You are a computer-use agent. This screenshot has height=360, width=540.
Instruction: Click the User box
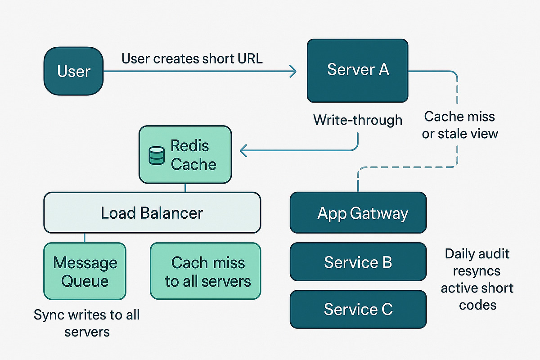(74, 71)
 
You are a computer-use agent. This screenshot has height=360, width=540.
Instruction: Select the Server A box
(357, 71)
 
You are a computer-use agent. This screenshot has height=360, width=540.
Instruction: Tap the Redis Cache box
(185, 154)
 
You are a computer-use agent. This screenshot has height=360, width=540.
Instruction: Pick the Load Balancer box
(152, 212)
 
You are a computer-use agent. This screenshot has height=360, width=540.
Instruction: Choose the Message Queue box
(85, 271)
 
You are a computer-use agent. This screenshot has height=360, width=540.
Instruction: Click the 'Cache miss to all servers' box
(205, 271)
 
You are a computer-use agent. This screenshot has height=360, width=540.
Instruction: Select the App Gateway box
(358, 212)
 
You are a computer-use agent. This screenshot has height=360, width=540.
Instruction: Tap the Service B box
(358, 262)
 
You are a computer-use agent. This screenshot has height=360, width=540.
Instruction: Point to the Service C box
(358, 309)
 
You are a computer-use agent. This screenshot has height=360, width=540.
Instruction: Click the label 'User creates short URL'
(192, 59)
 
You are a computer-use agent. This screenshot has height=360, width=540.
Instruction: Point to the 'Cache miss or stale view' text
(459, 125)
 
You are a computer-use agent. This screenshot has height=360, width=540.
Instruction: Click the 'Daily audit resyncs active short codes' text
(477, 279)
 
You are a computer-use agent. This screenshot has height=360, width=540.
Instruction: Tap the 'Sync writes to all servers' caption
(86, 323)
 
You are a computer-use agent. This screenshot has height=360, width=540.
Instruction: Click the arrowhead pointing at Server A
(293, 71)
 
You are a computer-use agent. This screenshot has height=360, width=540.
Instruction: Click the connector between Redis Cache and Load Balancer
(185, 188)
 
